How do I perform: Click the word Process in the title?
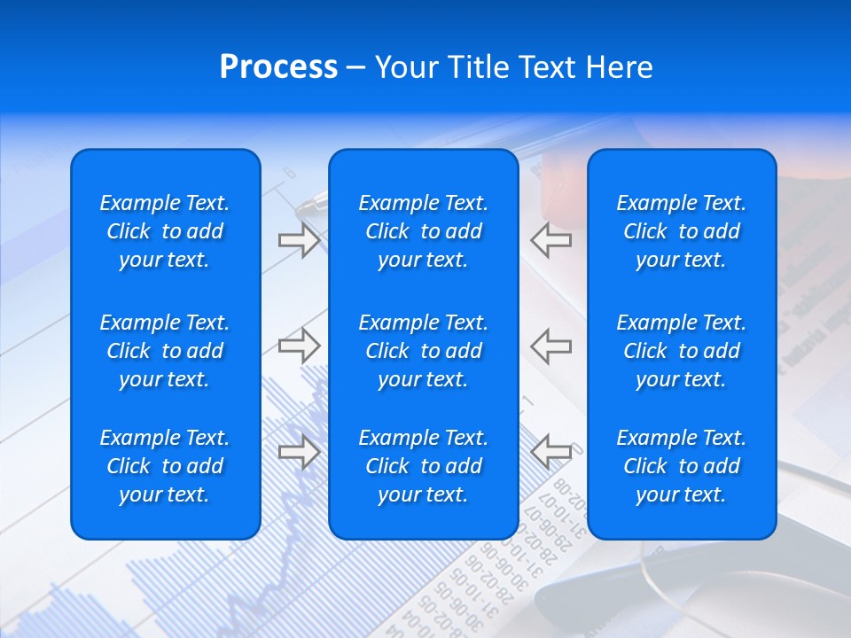tap(278, 67)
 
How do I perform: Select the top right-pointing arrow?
tap(299, 240)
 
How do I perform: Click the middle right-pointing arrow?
tap(299, 346)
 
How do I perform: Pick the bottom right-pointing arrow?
tap(299, 452)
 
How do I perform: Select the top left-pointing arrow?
tap(550, 240)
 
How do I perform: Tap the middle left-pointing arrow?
tap(550, 346)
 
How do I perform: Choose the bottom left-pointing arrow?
tap(550, 452)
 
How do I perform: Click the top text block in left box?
tap(165, 231)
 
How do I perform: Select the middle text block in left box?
tap(165, 351)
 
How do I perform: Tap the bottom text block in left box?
tap(165, 466)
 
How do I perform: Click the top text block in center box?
tap(423, 231)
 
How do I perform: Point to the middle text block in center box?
tap(423, 351)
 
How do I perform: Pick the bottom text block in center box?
tap(423, 466)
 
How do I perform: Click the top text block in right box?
tap(682, 231)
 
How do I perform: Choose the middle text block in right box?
tap(682, 351)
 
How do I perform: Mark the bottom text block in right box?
tap(682, 466)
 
